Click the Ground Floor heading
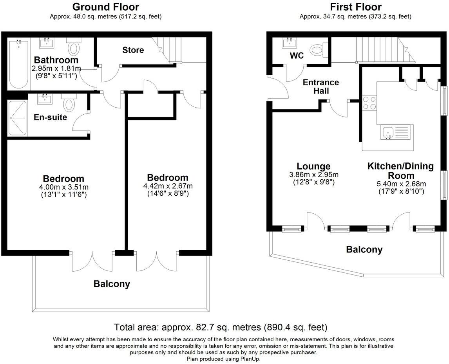(106, 7)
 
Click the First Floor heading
(355, 7)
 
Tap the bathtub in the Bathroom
(19, 64)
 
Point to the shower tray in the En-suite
(18, 118)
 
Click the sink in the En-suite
(45, 99)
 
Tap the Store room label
(133, 50)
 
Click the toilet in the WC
(319, 50)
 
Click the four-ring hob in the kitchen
(369, 103)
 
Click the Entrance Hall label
(321, 87)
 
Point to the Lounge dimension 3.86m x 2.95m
(314, 175)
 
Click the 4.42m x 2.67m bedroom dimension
(168, 186)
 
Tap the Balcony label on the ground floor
(112, 284)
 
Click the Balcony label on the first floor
(364, 250)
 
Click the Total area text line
(221, 327)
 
